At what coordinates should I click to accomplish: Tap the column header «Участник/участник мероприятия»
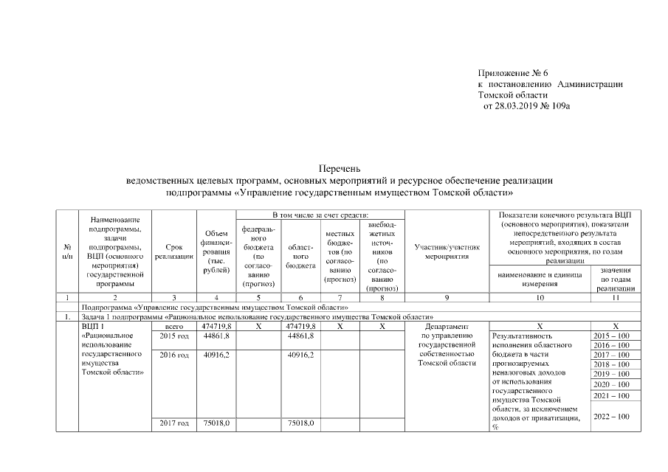[x=448, y=251]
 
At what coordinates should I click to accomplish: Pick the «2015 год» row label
[x=174, y=336]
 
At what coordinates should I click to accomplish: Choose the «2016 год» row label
[x=174, y=355]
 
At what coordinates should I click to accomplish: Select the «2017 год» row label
[x=174, y=423]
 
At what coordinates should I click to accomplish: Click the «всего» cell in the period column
[x=174, y=325]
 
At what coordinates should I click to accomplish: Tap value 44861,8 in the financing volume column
[x=216, y=336]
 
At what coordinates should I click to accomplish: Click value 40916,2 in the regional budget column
[x=300, y=355]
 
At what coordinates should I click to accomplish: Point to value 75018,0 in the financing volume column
[x=216, y=423]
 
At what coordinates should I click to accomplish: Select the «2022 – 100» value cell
[x=611, y=417]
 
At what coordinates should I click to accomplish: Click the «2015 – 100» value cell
[x=611, y=336]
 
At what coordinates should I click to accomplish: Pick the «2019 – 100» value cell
[x=611, y=374]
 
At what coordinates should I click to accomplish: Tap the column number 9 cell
[x=448, y=298]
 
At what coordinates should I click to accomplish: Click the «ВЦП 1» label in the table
[x=93, y=325]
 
